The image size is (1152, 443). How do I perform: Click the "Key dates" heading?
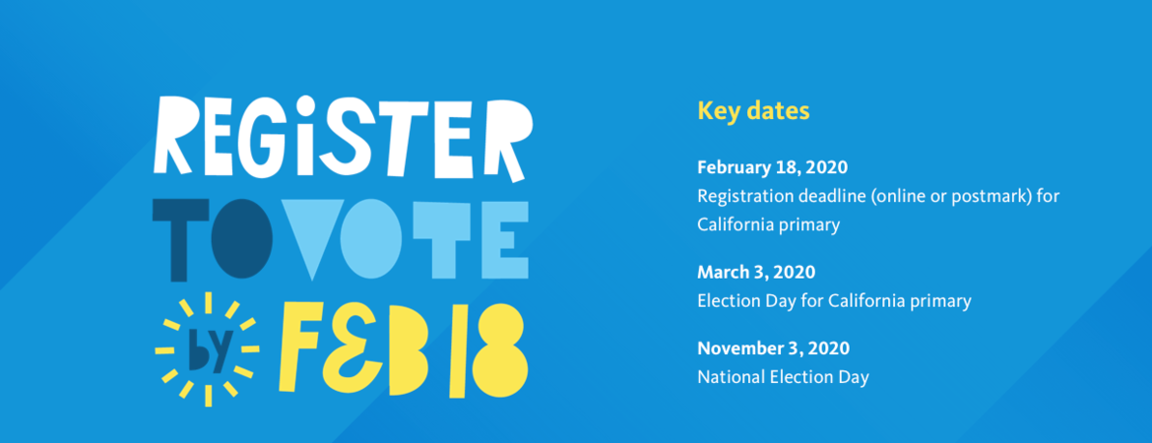click(x=753, y=110)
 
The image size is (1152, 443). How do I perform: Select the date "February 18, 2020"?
click(x=772, y=166)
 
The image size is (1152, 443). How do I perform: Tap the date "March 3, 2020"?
click(x=756, y=272)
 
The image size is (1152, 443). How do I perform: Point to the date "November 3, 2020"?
click(x=773, y=348)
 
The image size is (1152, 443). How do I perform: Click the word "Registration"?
click(x=744, y=196)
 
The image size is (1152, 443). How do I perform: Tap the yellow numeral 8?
click(x=496, y=348)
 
